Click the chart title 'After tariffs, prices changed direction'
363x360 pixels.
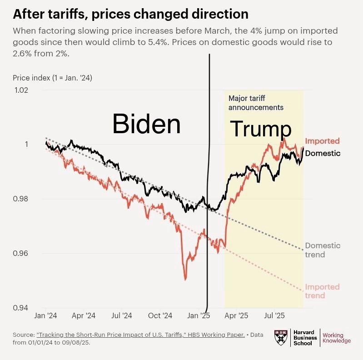click(130, 14)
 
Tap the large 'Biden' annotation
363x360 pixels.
click(146, 124)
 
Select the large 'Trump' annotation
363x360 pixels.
click(260, 129)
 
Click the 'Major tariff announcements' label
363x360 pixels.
click(255, 103)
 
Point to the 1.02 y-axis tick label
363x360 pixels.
click(20, 90)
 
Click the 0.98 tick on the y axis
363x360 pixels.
click(20, 199)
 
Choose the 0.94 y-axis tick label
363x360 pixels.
click(20, 308)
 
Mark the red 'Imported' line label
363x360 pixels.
click(322, 141)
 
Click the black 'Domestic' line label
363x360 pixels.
click(323, 153)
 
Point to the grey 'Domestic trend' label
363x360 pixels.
click(323, 250)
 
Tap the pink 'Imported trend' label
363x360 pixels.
click(322, 291)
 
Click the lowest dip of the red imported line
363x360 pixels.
click(185, 280)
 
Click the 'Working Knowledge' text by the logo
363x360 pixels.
click(336, 338)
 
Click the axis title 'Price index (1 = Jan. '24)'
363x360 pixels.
click(52, 78)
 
